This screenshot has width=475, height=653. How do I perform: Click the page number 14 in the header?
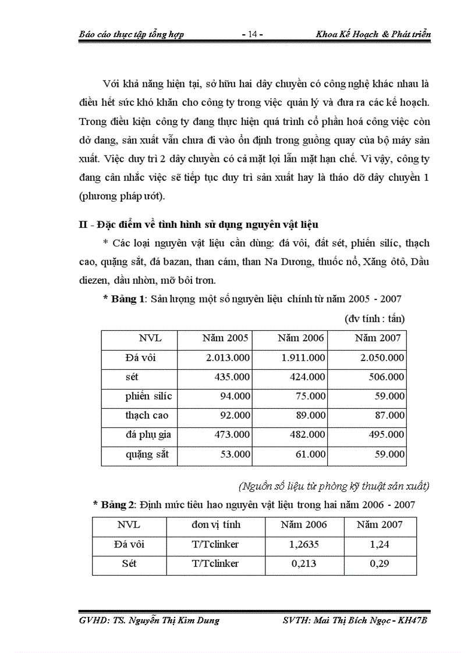(252, 34)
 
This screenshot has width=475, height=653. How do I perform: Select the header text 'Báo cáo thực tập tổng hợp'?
(132, 34)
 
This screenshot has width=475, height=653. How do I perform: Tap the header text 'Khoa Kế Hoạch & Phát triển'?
(373, 34)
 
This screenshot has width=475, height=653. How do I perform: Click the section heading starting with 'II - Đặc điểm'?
(198, 224)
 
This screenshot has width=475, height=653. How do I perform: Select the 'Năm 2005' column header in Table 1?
(225, 338)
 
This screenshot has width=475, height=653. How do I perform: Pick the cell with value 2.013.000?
(228, 358)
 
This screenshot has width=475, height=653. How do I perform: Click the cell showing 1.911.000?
(303, 358)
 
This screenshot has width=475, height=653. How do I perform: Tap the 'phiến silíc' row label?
(148, 396)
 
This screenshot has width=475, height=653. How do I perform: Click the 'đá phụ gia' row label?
(148, 434)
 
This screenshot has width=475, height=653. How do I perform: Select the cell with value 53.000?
(233, 454)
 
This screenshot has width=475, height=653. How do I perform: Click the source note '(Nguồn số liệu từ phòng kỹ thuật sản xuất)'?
(334, 486)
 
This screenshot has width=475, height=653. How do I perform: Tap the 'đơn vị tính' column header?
(215, 524)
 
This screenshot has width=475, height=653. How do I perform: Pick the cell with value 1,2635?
(303, 544)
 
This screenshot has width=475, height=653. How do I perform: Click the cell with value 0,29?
(378, 563)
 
